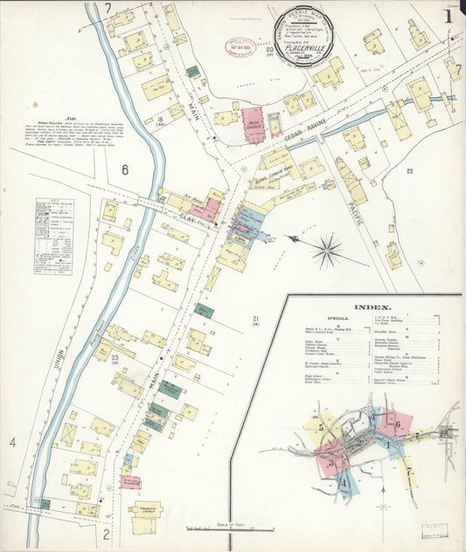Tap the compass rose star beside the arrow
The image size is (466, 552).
point(327,252)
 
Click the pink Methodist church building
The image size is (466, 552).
point(253,125)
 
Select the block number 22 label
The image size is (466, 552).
point(409,171)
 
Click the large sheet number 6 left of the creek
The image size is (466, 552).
point(125,169)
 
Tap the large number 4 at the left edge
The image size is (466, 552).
point(13,443)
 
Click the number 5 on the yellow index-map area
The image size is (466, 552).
point(321,427)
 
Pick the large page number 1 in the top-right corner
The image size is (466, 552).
point(448,15)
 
